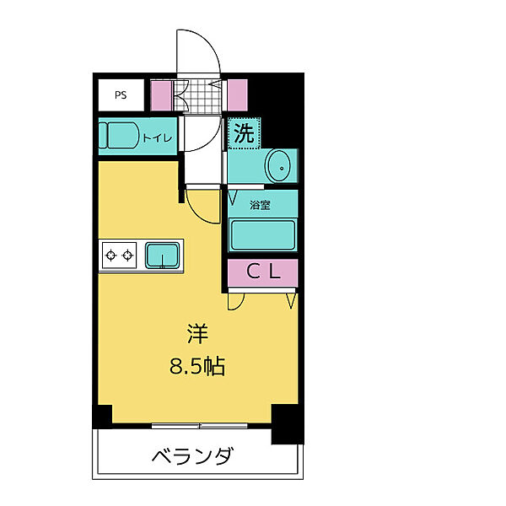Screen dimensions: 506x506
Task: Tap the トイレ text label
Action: click(157, 137)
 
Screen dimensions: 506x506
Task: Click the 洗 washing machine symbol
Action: click(243, 132)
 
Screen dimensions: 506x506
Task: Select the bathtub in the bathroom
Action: click(262, 234)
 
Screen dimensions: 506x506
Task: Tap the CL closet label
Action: click(262, 272)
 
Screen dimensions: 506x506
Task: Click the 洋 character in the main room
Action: click(197, 334)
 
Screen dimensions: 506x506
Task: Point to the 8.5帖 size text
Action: click(197, 367)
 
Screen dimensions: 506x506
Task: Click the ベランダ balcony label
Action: click(192, 457)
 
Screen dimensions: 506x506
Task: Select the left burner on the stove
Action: click(110, 255)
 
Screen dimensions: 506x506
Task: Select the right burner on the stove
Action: click(128, 255)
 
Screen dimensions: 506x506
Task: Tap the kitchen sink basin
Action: click(162, 254)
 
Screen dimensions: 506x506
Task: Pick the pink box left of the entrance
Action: click(160, 95)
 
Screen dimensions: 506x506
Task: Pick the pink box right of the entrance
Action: click(237, 95)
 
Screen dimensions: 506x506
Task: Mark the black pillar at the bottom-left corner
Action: click(102, 417)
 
